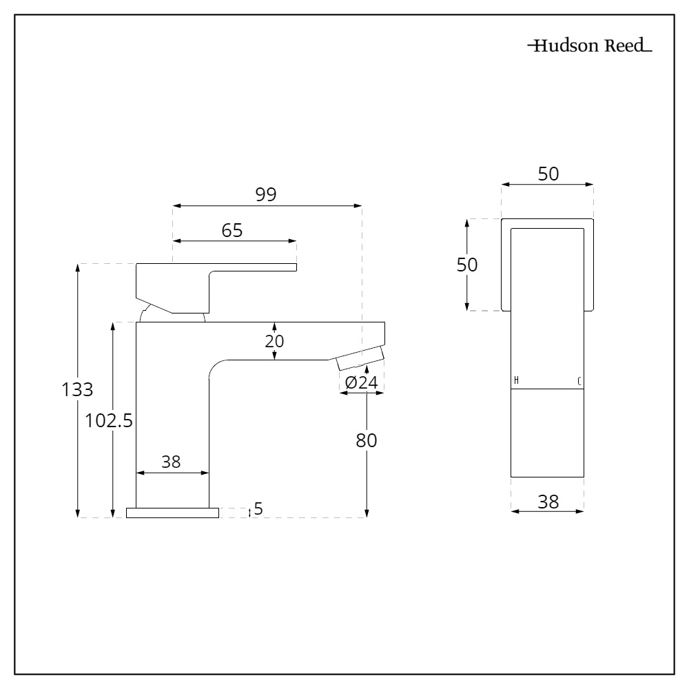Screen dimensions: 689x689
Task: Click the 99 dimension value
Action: (x=266, y=194)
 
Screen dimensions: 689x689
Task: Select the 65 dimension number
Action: (x=232, y=231)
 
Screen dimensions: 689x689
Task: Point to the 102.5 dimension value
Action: (x=108, y=420)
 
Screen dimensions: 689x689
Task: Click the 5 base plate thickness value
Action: (x=258, y=509)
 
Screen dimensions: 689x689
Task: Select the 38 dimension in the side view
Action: (x=171, y=462)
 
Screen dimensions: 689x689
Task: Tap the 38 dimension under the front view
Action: (x=548, y=502)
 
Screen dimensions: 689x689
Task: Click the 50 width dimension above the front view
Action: (x=548, y=174)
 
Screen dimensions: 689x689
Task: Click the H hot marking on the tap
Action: (x=516, y=381)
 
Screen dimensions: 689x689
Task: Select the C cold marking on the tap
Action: (x=579, y=381)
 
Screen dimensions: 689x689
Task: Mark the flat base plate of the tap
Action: (x=172, y=513)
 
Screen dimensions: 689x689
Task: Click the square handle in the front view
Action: (x=547, y=265)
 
